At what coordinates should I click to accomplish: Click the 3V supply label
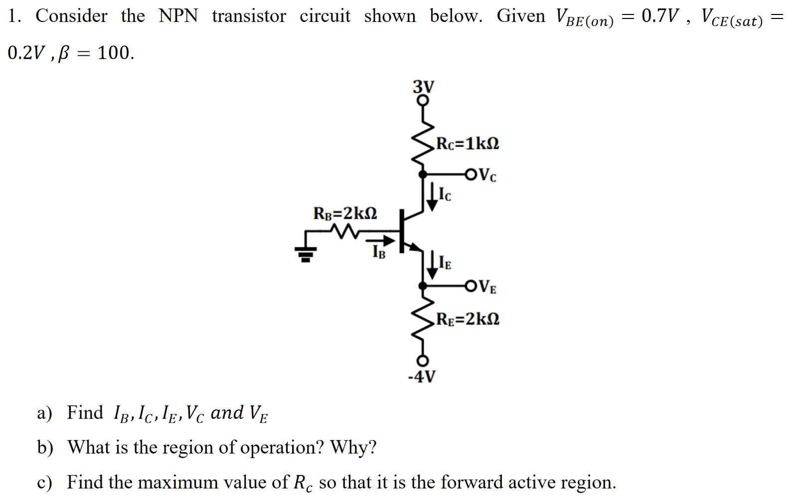[x=423, y=87]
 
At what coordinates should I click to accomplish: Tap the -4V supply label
[x=422, y=376]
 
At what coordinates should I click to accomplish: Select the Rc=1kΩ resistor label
[x=468, y=144]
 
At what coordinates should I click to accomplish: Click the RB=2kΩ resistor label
[x=345, y=213]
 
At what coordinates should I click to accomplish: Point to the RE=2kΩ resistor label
[x=468, y=319]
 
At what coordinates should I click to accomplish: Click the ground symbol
[x=306, y=254]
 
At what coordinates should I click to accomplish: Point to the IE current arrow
[x=432, y=264]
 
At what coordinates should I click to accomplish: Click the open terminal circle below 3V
[x=423, y=100]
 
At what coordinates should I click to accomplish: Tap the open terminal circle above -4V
[x=423, y=360]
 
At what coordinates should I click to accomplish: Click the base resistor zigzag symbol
[x=344, y=231]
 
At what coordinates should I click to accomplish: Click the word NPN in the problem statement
[x=178, y=16]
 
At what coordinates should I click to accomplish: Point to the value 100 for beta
[x=116, y=53]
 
